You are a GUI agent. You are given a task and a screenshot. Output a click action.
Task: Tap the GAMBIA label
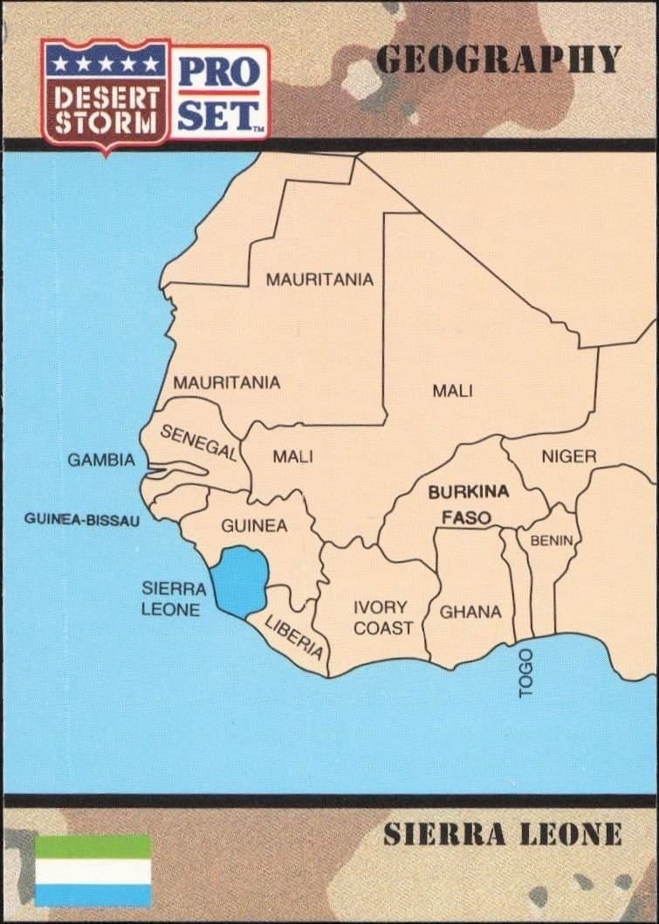pyautogui.click(x=101, y=460)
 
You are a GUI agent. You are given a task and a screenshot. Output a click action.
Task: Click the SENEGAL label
pyautogui.click(x=198, y=442)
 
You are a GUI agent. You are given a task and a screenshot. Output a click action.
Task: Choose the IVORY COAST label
pyautogui.click(x=382, y=617)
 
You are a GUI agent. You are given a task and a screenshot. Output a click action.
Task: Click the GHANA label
pyautogui.click(x=470, y=612)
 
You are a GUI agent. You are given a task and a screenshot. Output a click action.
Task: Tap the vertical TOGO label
pyautogui.click(x=525, y=673)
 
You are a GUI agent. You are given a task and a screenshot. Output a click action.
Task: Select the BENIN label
pyautogui.click(x=551, y=541)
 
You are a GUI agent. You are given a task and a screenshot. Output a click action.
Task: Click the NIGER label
pyautogui.click(x=568, y=456)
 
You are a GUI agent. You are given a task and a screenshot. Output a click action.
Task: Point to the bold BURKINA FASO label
pyautogui.click(x=468, y=504)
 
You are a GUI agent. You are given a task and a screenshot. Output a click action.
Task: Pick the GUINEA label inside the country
pyautogui.click(x=253, y=526)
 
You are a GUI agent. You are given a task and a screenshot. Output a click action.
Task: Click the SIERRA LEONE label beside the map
pyautogui.click(x=173, y=599)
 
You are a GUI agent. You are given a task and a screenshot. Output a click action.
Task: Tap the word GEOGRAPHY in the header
pyautogui.click(x=498, y=59)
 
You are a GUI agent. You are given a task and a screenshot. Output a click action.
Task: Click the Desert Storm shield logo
pyautogui.click(x=106, y=94)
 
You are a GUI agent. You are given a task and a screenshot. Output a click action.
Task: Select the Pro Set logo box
pyautogui.click(x=219, y=92)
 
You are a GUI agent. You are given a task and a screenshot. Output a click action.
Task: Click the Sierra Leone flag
pyautogui.click(x=93, y=870)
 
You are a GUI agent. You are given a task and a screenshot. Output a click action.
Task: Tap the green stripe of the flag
pyautogui.click(x=93, y=845)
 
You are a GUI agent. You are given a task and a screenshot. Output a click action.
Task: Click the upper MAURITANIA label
pyautogui.click(x=319, y=280)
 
